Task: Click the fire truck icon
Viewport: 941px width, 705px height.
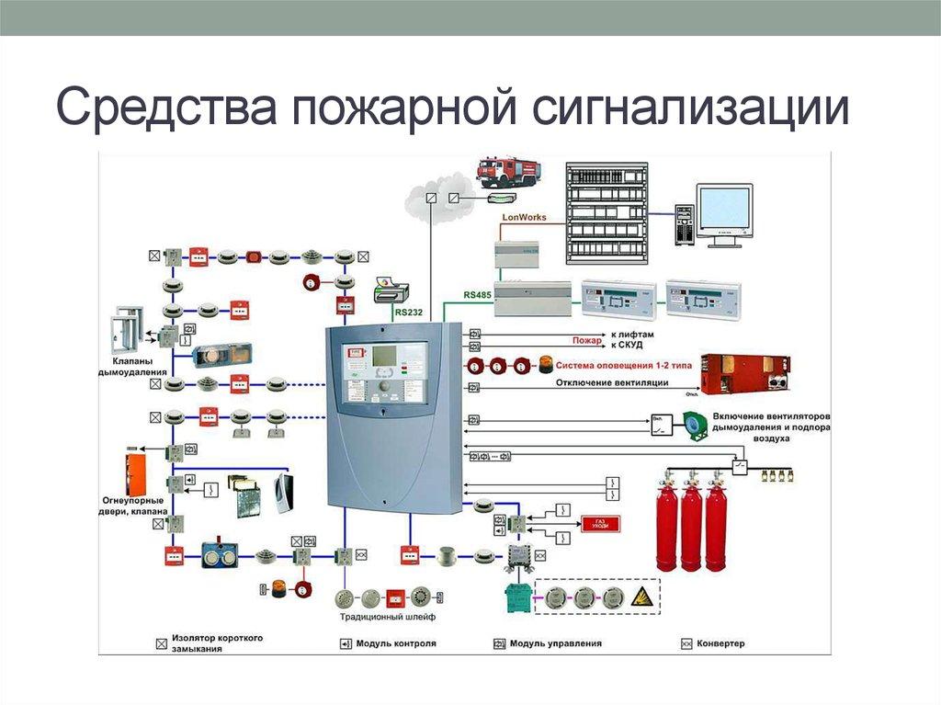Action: click(x=508, y=170)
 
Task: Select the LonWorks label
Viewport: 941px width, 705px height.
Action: click(x=523, y=218)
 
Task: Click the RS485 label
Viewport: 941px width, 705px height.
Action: click(x=478, y=295)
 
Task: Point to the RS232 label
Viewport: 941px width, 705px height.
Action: click(x=409, y=313)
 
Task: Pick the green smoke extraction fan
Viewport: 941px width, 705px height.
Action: click(x=691, y=424)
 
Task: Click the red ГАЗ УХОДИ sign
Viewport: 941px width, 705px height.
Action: click(x=600, y=524)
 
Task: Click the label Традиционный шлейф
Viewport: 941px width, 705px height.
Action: click(x=379, y=618)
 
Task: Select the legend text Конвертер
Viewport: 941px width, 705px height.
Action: click(x=720, y=643)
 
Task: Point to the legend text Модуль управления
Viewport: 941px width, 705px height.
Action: click(x=555, y=643)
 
